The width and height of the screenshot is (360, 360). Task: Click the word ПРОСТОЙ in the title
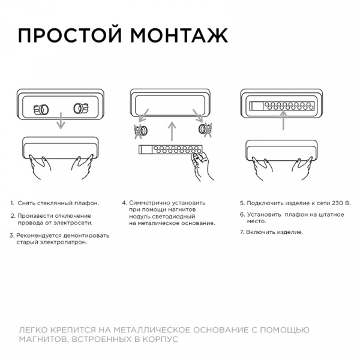[x=70, y=35]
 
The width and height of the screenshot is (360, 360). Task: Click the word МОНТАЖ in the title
[x=179, y=35]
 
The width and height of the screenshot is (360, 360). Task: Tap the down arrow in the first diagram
[x=61, y=121]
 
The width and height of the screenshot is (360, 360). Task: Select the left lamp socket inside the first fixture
[x=41, y=110]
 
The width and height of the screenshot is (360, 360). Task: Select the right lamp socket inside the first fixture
[x=81, y=109]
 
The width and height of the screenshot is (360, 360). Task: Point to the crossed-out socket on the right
[x=205, y=130]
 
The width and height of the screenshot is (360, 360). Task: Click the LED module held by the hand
[x=170, y=149]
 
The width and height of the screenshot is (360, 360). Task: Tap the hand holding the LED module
[x=202, y=166]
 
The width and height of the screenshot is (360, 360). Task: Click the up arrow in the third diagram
[x=284, y=121]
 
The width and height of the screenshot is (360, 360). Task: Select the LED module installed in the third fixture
[x=282, y=106]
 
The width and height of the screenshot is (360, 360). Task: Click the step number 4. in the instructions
[x=124, y=203]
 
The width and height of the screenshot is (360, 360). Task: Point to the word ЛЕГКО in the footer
[x=33, y=330]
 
